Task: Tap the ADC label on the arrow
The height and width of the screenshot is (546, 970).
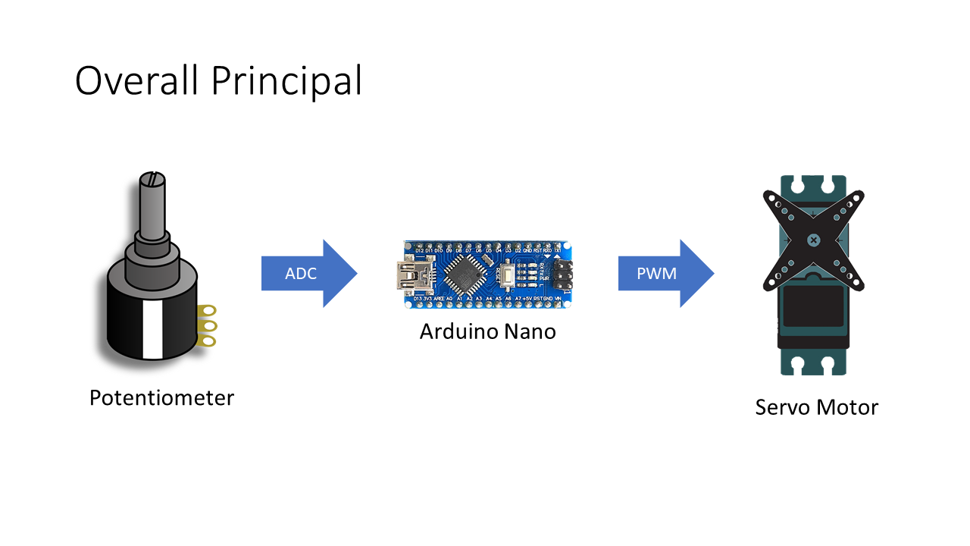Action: tap(300, 274)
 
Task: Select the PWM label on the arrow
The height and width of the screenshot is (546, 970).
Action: tap(656, 274)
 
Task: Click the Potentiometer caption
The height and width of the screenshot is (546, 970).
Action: tap(161, 397)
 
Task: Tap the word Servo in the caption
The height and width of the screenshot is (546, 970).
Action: tap(782, 407)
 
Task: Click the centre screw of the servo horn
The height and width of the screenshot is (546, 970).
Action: tap(813, 240)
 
